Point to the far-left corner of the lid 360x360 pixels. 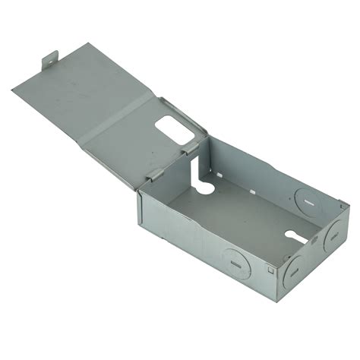pos(14,90)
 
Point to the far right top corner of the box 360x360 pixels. pos(347,206)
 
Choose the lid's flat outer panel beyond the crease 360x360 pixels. pos(68,91)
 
